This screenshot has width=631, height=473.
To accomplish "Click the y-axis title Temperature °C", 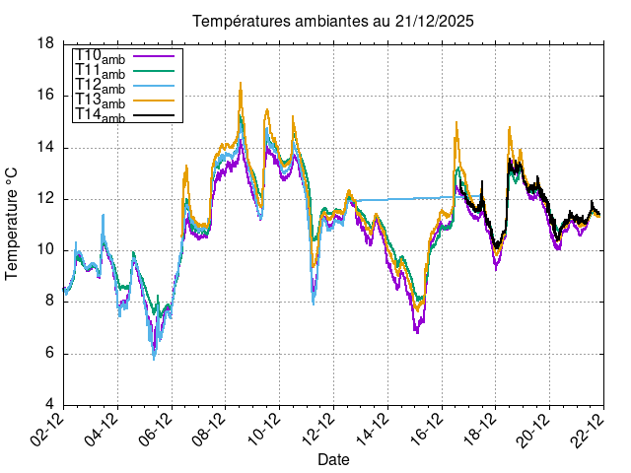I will coord(13,223).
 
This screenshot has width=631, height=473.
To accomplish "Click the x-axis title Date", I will coord(332,459).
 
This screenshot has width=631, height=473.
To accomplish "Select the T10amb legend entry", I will coord(100,55).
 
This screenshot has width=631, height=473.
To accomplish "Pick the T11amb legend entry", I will coord(100,70).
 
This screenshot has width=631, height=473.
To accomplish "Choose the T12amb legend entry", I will coord(100,86).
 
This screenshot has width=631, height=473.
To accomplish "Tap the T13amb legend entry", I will coord(100,101).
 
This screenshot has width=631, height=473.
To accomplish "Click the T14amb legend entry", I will coord(100,115).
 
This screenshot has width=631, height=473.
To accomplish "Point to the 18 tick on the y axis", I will coord(45,44).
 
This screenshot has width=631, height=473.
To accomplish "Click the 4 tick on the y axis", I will coord(49,405).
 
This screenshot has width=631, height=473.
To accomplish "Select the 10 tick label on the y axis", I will coord(45,250).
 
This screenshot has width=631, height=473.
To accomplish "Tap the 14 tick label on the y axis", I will coord(45,148).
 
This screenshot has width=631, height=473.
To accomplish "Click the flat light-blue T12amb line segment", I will coord(404,199).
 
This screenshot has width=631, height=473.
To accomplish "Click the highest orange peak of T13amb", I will coord(241,84).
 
